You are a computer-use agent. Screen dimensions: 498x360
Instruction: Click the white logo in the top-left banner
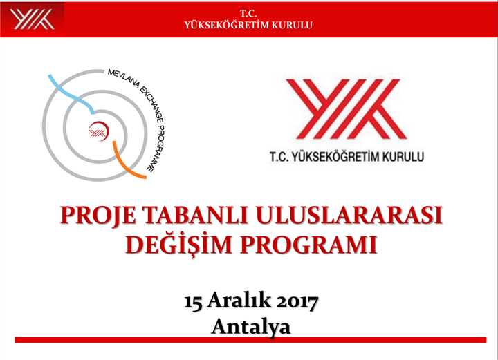[32, 19]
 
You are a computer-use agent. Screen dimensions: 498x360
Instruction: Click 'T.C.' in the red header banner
[248, 14]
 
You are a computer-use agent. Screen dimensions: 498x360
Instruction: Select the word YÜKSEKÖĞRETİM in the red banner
[225, 25]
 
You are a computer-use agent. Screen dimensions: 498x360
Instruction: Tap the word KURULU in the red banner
[292, 26]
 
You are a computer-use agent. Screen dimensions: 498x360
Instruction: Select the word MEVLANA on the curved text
[123, 77]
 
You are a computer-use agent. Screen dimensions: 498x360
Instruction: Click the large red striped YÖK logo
[347, 109]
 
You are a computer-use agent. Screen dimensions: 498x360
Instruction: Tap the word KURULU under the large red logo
[403, 157]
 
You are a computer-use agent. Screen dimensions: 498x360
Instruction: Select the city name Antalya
[251, 327]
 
